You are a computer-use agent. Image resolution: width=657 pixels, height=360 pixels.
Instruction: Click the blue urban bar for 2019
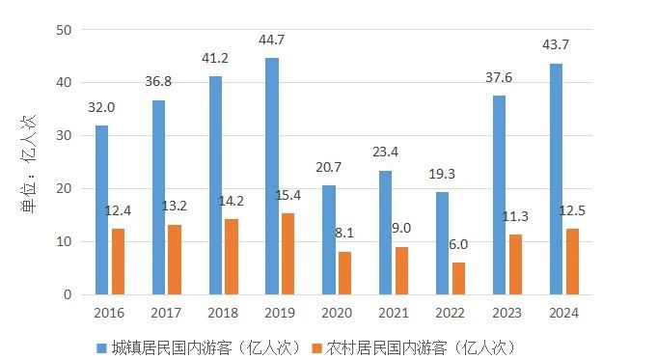(272, 176)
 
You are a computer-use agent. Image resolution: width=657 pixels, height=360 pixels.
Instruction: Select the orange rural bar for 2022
(458, 278)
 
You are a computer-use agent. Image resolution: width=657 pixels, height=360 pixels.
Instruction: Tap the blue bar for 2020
(329, 239)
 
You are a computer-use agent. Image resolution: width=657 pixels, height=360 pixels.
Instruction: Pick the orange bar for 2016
(118, 261)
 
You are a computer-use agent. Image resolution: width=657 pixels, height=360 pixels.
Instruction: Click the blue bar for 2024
(556, 179)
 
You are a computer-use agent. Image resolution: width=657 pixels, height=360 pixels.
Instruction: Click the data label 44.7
(272, 40)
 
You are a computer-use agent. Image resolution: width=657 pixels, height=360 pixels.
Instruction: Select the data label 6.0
(458, 244)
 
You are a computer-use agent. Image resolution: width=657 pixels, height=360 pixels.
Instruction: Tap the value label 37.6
(500, 79)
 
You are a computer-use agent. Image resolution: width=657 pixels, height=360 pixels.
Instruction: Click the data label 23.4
(386, 152)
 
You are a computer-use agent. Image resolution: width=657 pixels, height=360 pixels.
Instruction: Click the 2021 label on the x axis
(394, 313)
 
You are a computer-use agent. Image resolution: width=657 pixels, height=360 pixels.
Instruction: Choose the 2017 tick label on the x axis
(166, 313)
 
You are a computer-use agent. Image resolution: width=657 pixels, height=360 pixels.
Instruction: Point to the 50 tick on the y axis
(65, 30)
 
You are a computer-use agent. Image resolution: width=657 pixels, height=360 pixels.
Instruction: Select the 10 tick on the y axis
(65, 241)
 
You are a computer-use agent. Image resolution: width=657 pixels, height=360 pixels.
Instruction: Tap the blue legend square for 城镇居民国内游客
(101, 346)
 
